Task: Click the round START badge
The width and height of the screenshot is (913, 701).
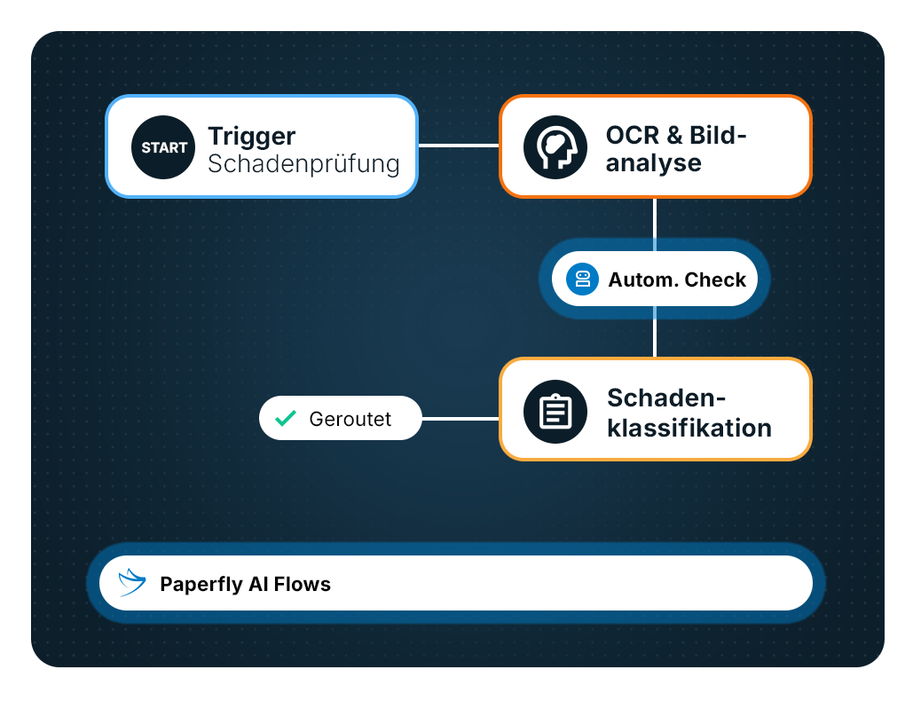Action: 163,147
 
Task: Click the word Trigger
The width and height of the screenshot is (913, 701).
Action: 252,138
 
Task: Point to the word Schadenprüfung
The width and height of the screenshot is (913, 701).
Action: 303,164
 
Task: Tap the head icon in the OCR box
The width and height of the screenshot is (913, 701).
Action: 555,147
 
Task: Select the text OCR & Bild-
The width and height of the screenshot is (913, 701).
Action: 676,135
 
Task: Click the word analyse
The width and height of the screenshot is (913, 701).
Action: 653,163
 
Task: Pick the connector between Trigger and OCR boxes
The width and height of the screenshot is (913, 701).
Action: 459,146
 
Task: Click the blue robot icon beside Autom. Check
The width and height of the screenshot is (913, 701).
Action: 582,279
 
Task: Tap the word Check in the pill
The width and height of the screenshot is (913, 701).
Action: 715,280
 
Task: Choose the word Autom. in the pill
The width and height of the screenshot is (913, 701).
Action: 643,280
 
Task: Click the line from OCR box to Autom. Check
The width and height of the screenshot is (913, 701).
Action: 655,224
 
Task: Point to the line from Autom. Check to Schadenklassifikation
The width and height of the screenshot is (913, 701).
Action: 655,332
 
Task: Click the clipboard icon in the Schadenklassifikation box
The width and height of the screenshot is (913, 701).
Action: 555,412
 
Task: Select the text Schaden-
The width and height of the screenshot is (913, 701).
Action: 666,398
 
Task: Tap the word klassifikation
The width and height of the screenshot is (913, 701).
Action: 689,428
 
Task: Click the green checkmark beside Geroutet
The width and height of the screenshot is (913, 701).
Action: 286,418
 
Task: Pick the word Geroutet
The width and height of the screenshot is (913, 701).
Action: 350,419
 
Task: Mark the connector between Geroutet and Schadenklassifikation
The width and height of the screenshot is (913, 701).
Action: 460,419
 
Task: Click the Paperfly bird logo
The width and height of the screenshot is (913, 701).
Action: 131,583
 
